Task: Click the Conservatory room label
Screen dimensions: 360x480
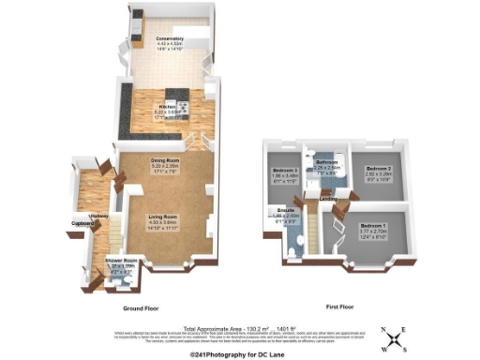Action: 170,38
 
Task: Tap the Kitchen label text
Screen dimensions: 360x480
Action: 168,107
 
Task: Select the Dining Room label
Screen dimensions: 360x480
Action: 165,160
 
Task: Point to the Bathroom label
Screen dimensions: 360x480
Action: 325,162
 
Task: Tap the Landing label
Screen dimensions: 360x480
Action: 329,199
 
